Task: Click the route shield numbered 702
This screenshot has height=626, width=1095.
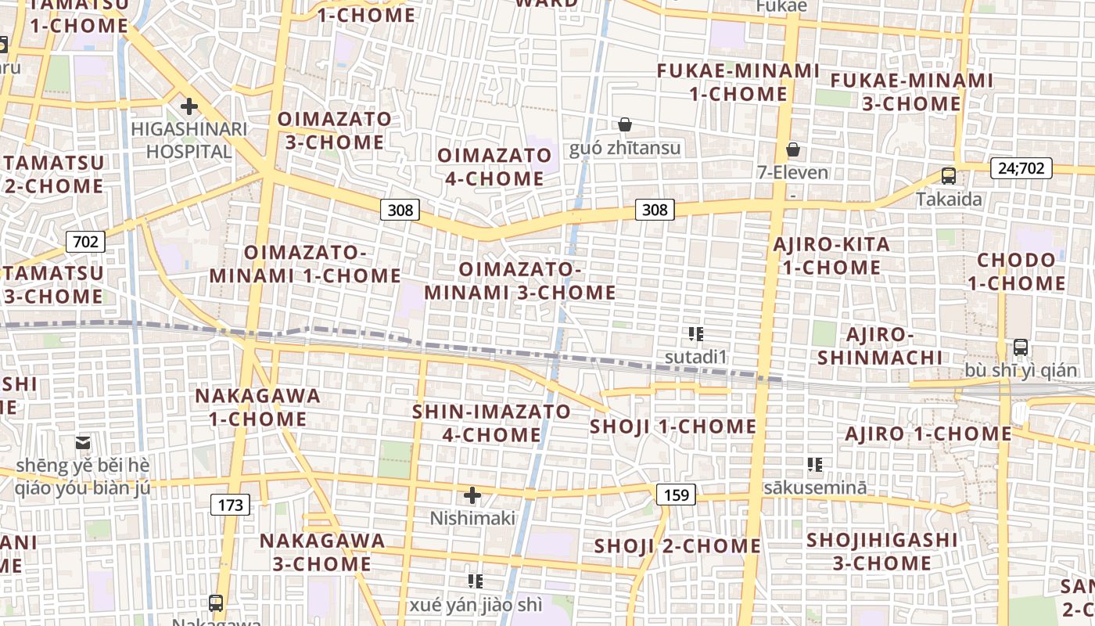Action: click(x=84, y=242)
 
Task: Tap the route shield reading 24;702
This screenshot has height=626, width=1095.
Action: click(x=1021, y=168)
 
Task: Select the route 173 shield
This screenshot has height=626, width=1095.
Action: click(x=230, y=505)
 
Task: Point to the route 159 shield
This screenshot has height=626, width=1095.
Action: click(x=675, y=495)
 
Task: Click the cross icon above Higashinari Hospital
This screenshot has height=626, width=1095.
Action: click(x=188, y=106)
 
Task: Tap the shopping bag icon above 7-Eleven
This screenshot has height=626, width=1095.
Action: click(x=793, y=149)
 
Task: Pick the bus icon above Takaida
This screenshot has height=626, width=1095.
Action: click(x=949, y=176)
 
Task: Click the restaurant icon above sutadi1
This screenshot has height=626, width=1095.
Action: click(x=695, y=335)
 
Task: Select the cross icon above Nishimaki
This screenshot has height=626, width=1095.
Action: click(x=472, y=495)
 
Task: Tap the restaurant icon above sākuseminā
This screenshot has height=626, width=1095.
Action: click(x=815, y=465)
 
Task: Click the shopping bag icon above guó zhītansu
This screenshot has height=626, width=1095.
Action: click(x=625, y=124)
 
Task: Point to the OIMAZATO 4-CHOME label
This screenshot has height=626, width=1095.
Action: click(x=494, y=167)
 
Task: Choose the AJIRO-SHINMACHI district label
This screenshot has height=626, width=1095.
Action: click(x=880, y=346)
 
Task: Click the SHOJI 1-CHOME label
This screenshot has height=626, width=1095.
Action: click(x=673, y=426)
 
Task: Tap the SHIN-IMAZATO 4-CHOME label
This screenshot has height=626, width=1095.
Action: click(x=491, y=423)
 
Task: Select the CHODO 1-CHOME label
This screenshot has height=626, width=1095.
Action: click(x=1017, y=272)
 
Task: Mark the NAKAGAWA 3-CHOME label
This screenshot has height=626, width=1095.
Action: click(x=322, y=552)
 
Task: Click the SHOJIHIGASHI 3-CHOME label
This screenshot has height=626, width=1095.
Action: click(x=881, y=552)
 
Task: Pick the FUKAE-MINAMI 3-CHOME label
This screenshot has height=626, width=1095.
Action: click(x=911, y=92)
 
